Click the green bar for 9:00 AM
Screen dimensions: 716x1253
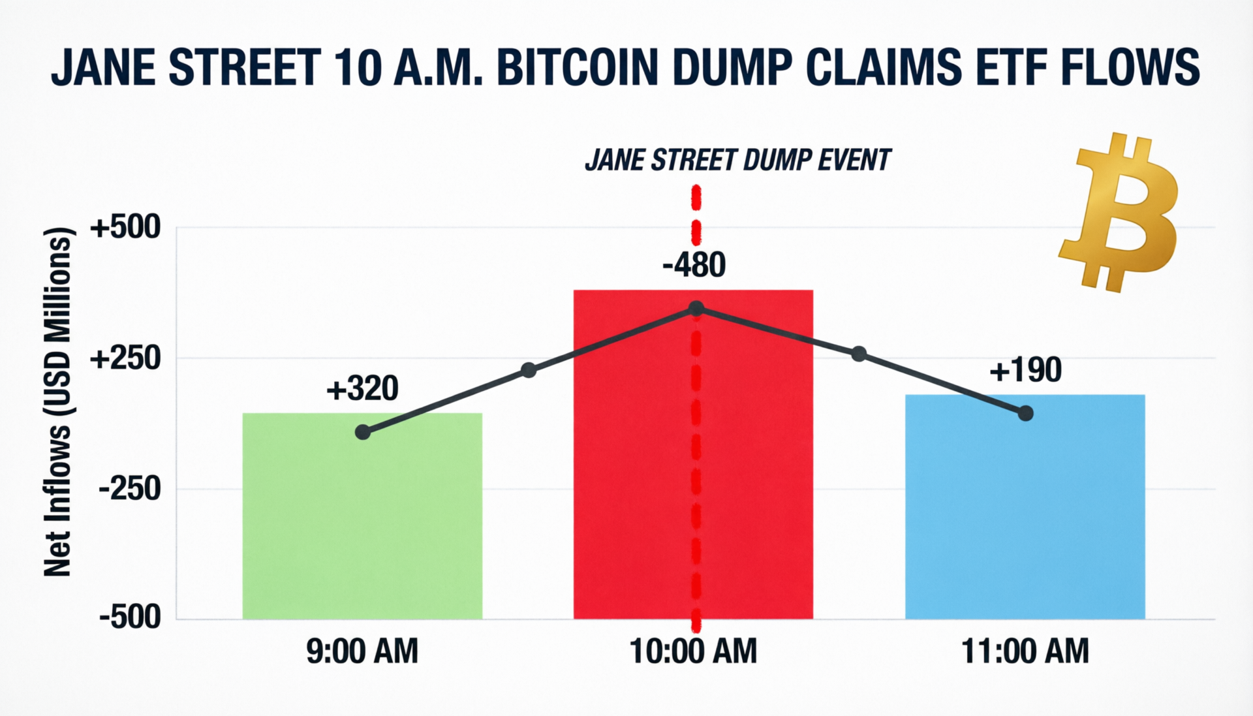362,522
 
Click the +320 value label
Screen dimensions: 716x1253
362,389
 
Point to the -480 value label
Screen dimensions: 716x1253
694,265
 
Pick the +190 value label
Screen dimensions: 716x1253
1025,370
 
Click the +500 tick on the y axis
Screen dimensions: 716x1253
125,228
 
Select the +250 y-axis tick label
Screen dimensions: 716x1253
125,358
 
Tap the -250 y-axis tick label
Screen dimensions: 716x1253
129,488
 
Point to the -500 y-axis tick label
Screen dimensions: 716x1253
129,617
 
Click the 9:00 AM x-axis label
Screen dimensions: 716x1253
362,651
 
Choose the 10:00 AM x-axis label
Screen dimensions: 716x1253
693,651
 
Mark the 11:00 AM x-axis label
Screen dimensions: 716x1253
1025,651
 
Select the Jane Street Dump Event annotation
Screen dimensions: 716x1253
737,161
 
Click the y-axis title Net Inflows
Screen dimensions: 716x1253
57,401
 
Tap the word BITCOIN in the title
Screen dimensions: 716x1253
578,67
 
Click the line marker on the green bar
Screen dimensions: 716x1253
363,432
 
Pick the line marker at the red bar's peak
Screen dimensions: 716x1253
696,308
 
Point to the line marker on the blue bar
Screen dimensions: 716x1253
1025,413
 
